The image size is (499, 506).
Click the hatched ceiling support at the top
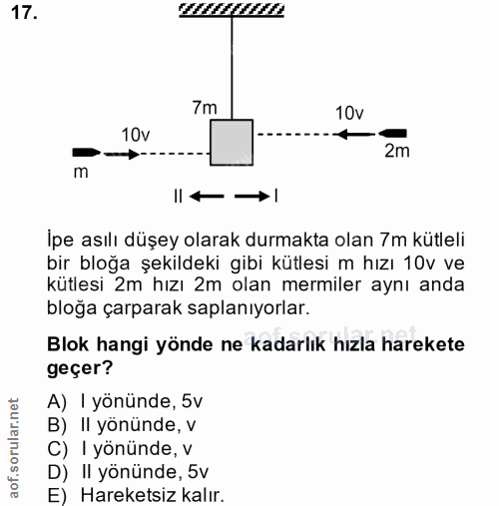point(232,10)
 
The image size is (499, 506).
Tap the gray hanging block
point(232,142)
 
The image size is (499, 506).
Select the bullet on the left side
point(86,153)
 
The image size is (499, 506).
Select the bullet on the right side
point(392,132)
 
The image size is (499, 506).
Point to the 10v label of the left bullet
point(136,135)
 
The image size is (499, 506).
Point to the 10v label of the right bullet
point(349,113)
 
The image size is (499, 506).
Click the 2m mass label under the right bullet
point(396,152)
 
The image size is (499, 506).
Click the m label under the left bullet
point(81,172)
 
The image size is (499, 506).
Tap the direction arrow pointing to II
point(207,196)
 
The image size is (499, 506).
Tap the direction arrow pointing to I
point(251,196)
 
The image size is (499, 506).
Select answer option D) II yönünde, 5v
point(128,471)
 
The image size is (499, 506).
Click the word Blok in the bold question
point(69,344)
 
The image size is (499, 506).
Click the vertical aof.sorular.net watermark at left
point(13,449)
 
